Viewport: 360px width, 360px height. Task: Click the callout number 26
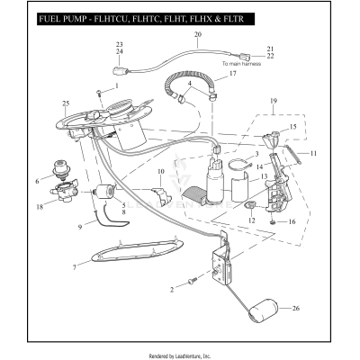coord(296,308)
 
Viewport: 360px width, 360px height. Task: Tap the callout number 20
coord(197,34)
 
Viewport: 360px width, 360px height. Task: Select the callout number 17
coord(232,74)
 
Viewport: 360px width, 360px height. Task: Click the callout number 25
coord(66,103)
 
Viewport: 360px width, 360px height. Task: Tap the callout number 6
coord(37,180)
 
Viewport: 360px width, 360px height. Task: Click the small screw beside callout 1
coord(97,93)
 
